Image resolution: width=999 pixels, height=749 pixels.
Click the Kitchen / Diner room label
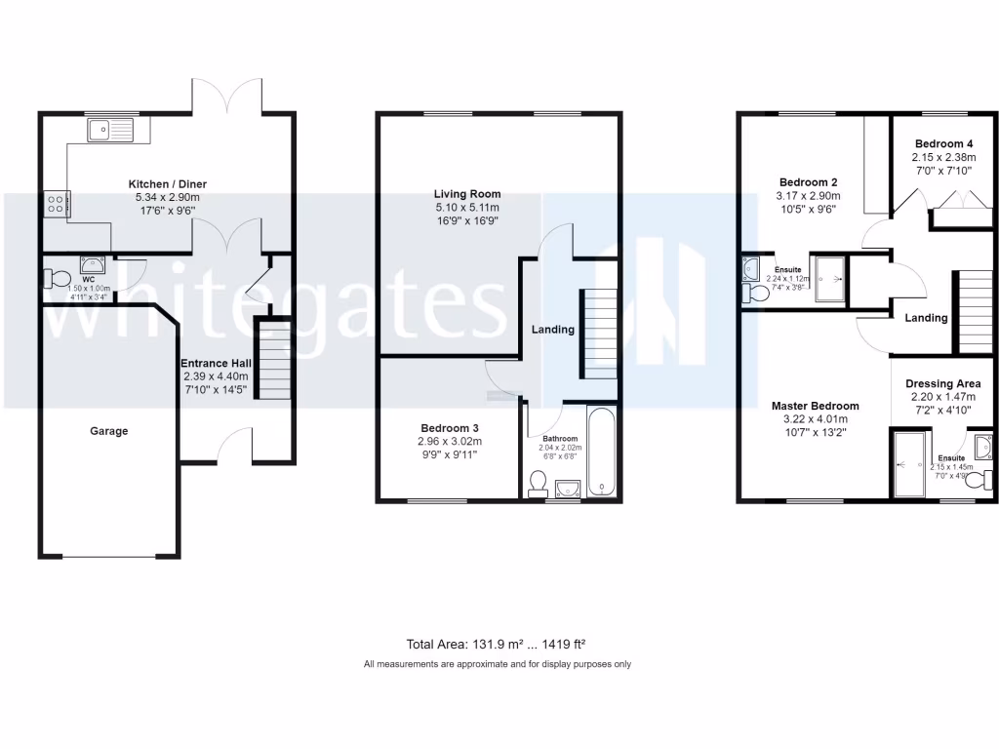[x=168, y=183]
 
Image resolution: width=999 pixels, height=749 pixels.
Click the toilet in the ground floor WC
[x=57, y=280]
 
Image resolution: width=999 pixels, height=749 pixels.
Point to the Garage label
[x=109, y=431]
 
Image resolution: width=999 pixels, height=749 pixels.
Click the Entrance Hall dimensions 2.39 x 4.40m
[x=216, y=376]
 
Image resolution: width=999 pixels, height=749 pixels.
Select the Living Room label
[x=467, y=194]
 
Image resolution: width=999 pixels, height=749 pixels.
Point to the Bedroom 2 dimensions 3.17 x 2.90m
[x=808, y=196]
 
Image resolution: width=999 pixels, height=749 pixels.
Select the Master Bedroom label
[x=815, y=407]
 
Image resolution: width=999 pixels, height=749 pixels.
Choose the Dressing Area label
[x=942, y=384]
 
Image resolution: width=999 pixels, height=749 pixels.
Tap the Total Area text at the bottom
[x=495, y=644]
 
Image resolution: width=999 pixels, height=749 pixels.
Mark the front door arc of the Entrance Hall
[x=235, y=445]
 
